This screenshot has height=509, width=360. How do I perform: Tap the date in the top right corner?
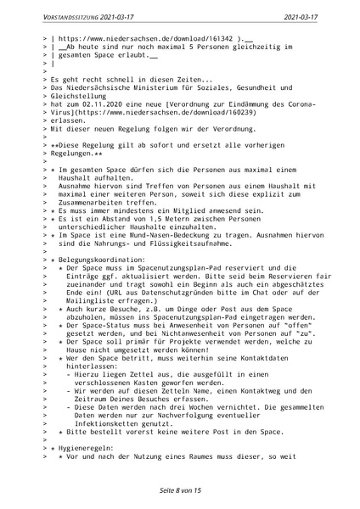coord(322,14)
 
